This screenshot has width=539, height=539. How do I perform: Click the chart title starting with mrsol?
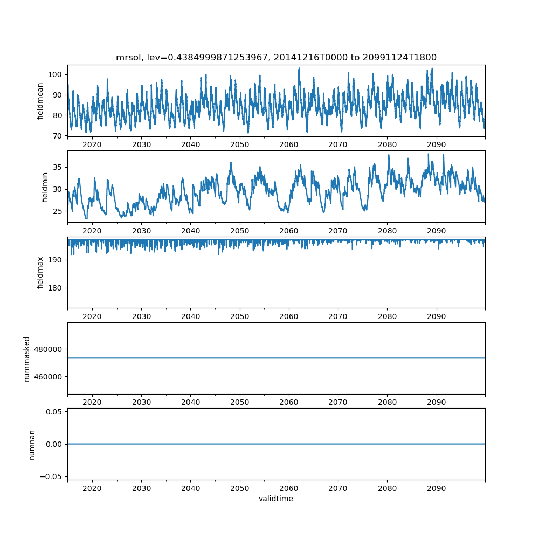click(x=276, y=57)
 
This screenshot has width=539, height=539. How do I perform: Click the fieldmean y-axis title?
click(x=40, y=101)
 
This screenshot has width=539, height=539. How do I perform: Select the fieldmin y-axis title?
click(x=45, y=186)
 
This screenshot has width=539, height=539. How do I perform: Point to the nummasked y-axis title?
click(x=26, y=358)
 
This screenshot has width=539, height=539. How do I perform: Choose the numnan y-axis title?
click(x=32, y=444)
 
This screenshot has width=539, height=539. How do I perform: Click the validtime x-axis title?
click(x=276, y=499)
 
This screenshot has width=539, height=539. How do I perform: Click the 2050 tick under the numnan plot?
click(x=240, y=488)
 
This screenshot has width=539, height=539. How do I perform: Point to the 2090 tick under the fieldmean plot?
click(x=437, y=144)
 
